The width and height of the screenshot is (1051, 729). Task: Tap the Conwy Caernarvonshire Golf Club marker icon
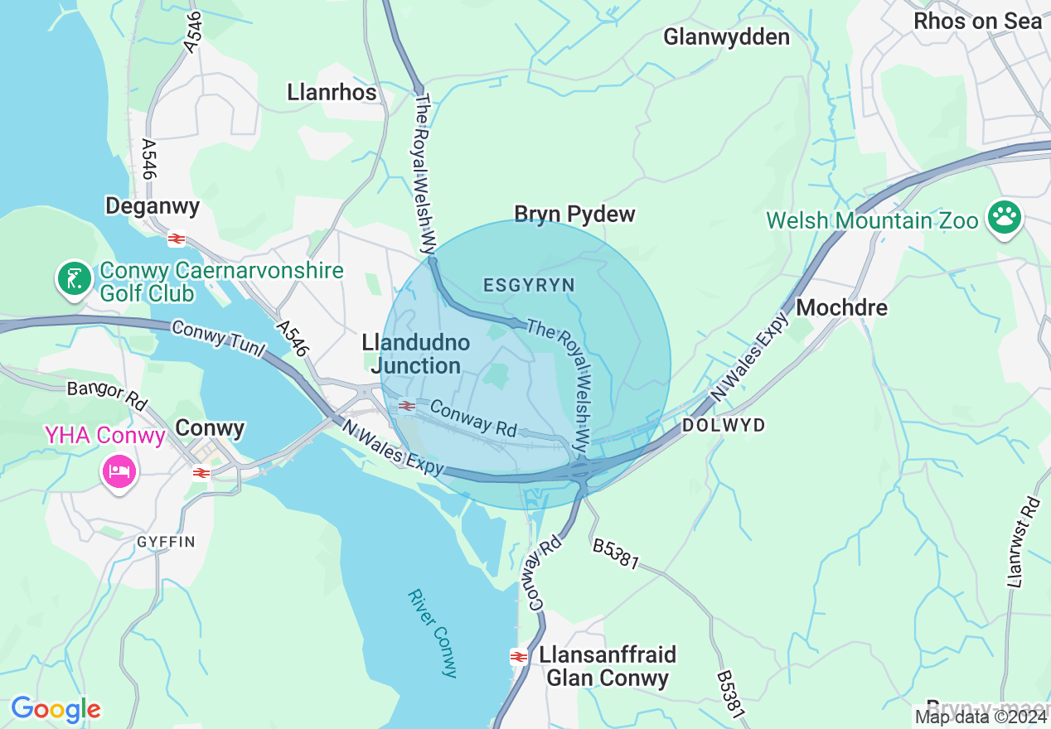tap(75, 279)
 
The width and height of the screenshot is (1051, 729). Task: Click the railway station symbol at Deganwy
tap(176, 239)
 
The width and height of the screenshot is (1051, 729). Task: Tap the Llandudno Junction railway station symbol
tap(406, 405)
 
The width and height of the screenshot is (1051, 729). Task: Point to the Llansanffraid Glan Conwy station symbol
tap(519, 657)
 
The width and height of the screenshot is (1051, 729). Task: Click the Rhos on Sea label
tap(977, 22)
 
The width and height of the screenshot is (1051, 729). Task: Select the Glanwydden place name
tap(726, 37)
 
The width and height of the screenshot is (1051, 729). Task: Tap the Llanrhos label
tap(332, 92)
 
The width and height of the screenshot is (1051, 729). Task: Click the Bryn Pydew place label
tap(574, 215)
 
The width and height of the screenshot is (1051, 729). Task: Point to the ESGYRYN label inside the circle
tap(529, 286)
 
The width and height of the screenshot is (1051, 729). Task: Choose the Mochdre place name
tap(841, 307)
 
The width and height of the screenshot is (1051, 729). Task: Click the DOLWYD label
tap(723, 425)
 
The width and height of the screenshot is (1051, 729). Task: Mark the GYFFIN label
tap(166, 542)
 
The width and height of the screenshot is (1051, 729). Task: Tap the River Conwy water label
tap(433, 633)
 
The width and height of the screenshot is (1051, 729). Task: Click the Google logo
tap(56, 709)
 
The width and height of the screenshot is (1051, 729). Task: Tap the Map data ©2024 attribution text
tap(981, 717)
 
